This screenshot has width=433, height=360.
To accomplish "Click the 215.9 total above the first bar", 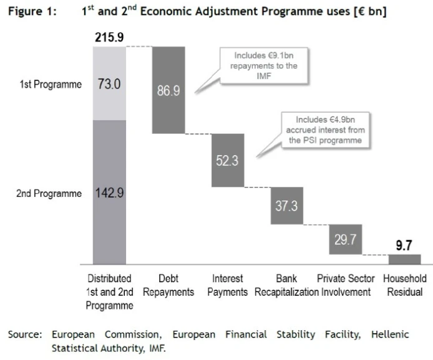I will (109, 38).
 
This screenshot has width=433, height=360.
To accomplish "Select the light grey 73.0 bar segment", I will (109, 83).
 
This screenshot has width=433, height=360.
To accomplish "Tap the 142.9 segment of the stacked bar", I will (109, 192).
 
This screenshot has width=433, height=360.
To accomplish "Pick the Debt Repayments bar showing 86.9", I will (168, 90).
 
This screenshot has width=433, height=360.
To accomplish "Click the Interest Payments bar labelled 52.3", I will (226, 160).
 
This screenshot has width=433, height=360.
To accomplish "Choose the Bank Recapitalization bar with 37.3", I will (286, 206).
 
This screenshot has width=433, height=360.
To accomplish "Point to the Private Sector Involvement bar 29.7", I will (346, 239).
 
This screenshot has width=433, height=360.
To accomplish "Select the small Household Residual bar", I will (404, 259).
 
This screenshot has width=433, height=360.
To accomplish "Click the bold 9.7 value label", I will (405, 246).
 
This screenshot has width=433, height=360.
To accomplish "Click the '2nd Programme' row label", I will (49, 193).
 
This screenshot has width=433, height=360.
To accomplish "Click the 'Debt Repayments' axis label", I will (168, 285).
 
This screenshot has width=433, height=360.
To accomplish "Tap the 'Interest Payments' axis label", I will (227, 285).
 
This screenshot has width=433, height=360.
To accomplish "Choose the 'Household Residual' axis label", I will (404, 285).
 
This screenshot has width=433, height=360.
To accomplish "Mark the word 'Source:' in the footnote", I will (24, 334).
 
